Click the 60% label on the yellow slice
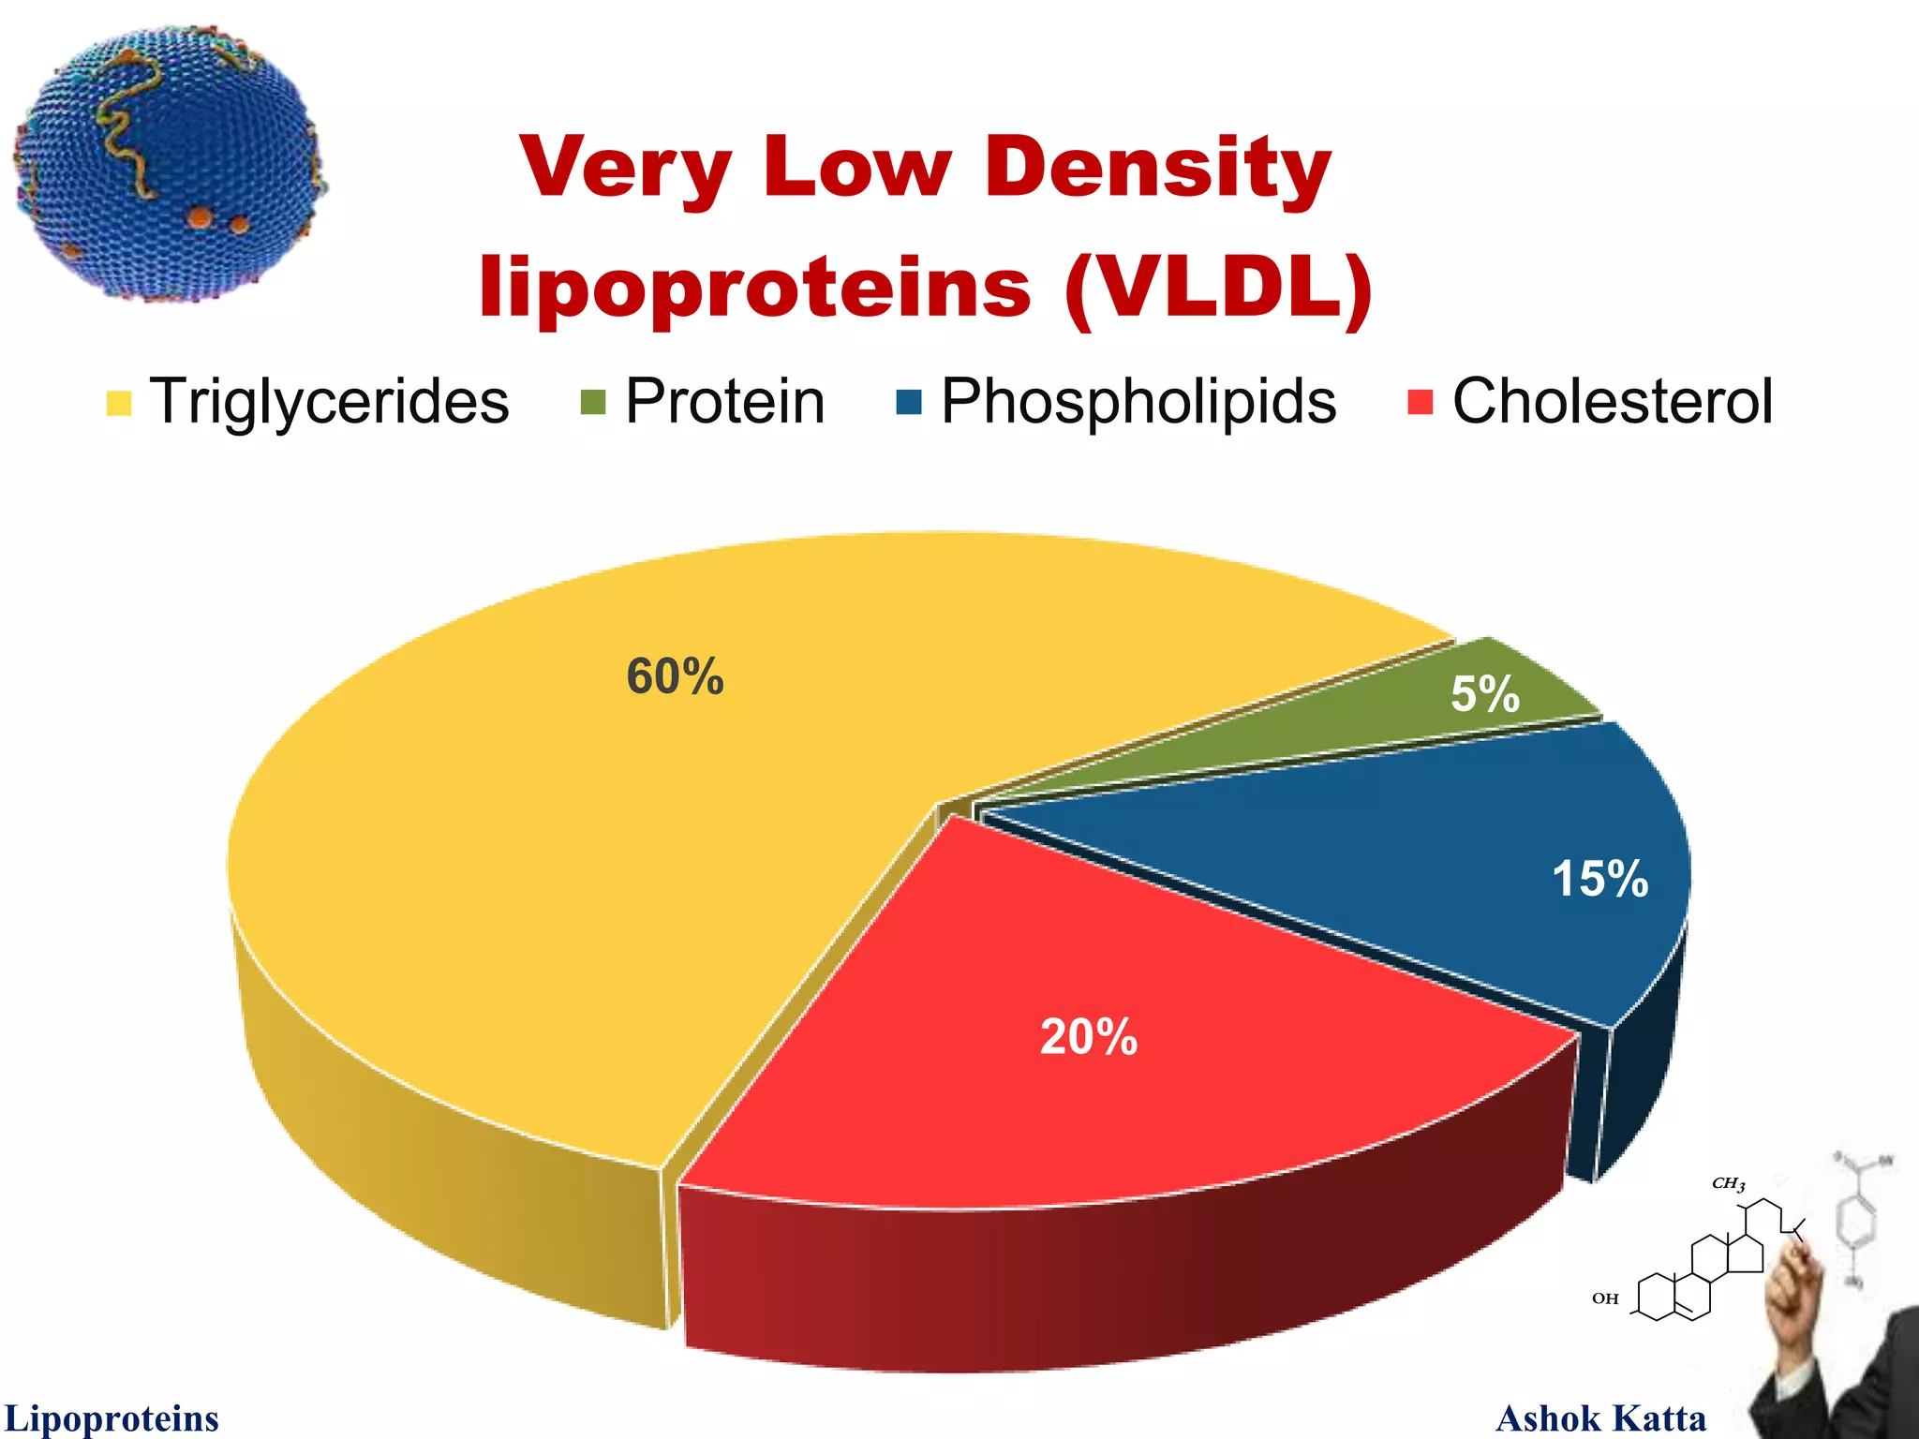tap(675, 676)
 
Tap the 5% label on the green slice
tap(1484, 694)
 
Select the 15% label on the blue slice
tap(1599, 879)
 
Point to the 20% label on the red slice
tap(1089, 1037)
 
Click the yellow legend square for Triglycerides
tap(119, 403)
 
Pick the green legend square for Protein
tap(593, 403)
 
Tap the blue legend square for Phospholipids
tap(909, 403)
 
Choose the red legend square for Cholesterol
tap(1421, 403)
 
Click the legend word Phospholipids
tap(1138, 401)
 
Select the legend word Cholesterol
tap(1612, 401)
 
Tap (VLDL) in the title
tap(1218, 287)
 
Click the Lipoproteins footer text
tap(112, 1417)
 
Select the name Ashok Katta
tap(1600, 1417)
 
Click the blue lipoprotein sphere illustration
tap(169, 164)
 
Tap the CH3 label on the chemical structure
tap(1728, 1183)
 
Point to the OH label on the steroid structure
tap(1605, 1298)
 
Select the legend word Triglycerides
tap(329, 401)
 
